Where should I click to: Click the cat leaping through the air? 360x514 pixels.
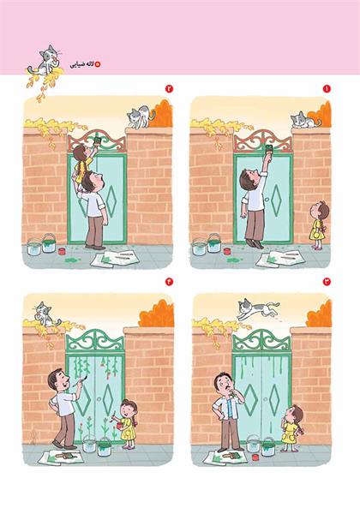coord(258,308)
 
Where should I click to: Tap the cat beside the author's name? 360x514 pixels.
coord(46,61)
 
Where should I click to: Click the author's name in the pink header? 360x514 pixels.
coord(82,64)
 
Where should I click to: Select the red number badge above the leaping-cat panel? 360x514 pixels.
coord(327,281)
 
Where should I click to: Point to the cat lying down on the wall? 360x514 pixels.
coord(305,120)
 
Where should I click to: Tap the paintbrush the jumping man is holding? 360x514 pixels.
coord(269,148)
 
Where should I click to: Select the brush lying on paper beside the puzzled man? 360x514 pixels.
coord(231,455)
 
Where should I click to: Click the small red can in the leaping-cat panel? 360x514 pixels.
coord(255,457)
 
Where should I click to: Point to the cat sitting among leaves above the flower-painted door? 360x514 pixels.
coord(45,314)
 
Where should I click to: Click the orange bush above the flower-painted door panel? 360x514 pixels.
coord(156,314)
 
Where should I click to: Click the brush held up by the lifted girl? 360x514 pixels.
coord(98,140)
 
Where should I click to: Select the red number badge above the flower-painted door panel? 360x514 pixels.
coord(169,281)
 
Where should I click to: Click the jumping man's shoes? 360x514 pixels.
coord(254,244)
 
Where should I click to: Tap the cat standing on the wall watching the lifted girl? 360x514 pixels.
coord(141,117)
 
